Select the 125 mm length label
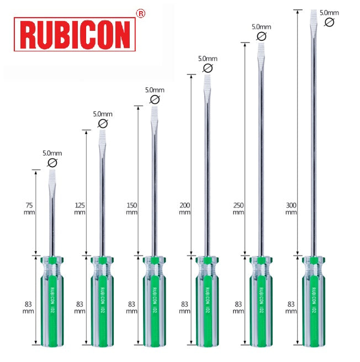click(80, 207)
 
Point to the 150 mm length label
click(131, 207)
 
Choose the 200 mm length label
click(184, 207)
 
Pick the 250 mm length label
click(238, 207)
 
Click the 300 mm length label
click(291, 207)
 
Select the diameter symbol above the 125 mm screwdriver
click(103, 124)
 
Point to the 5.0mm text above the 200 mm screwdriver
click(208, 58)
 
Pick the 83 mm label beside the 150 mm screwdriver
click(131, 307)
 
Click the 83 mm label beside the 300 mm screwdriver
click(291, 307)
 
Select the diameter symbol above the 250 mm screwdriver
click(261, 36)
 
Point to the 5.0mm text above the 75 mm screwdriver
click(52, 153)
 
